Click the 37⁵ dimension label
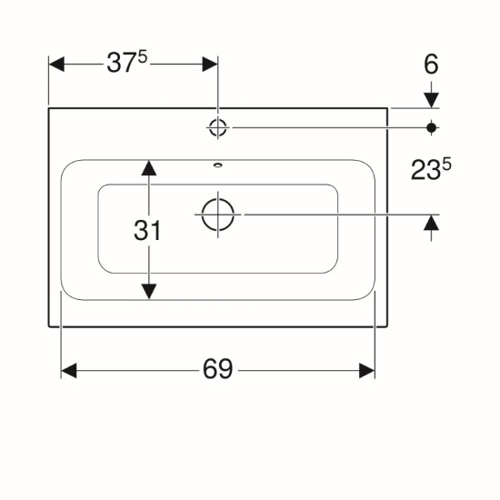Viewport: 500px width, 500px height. point(127,63)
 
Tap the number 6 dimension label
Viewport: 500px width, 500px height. point(431,65)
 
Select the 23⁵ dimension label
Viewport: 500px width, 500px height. point(431,170)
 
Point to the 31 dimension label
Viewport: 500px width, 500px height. point(147,230)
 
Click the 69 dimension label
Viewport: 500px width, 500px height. point(218,368)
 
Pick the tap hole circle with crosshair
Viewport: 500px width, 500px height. point(218,127)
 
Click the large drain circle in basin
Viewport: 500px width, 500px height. point(218,215)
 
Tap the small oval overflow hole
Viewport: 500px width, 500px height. point(218,165)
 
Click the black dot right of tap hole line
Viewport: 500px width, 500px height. point(432,128)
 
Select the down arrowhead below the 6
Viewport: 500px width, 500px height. point(432,100)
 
